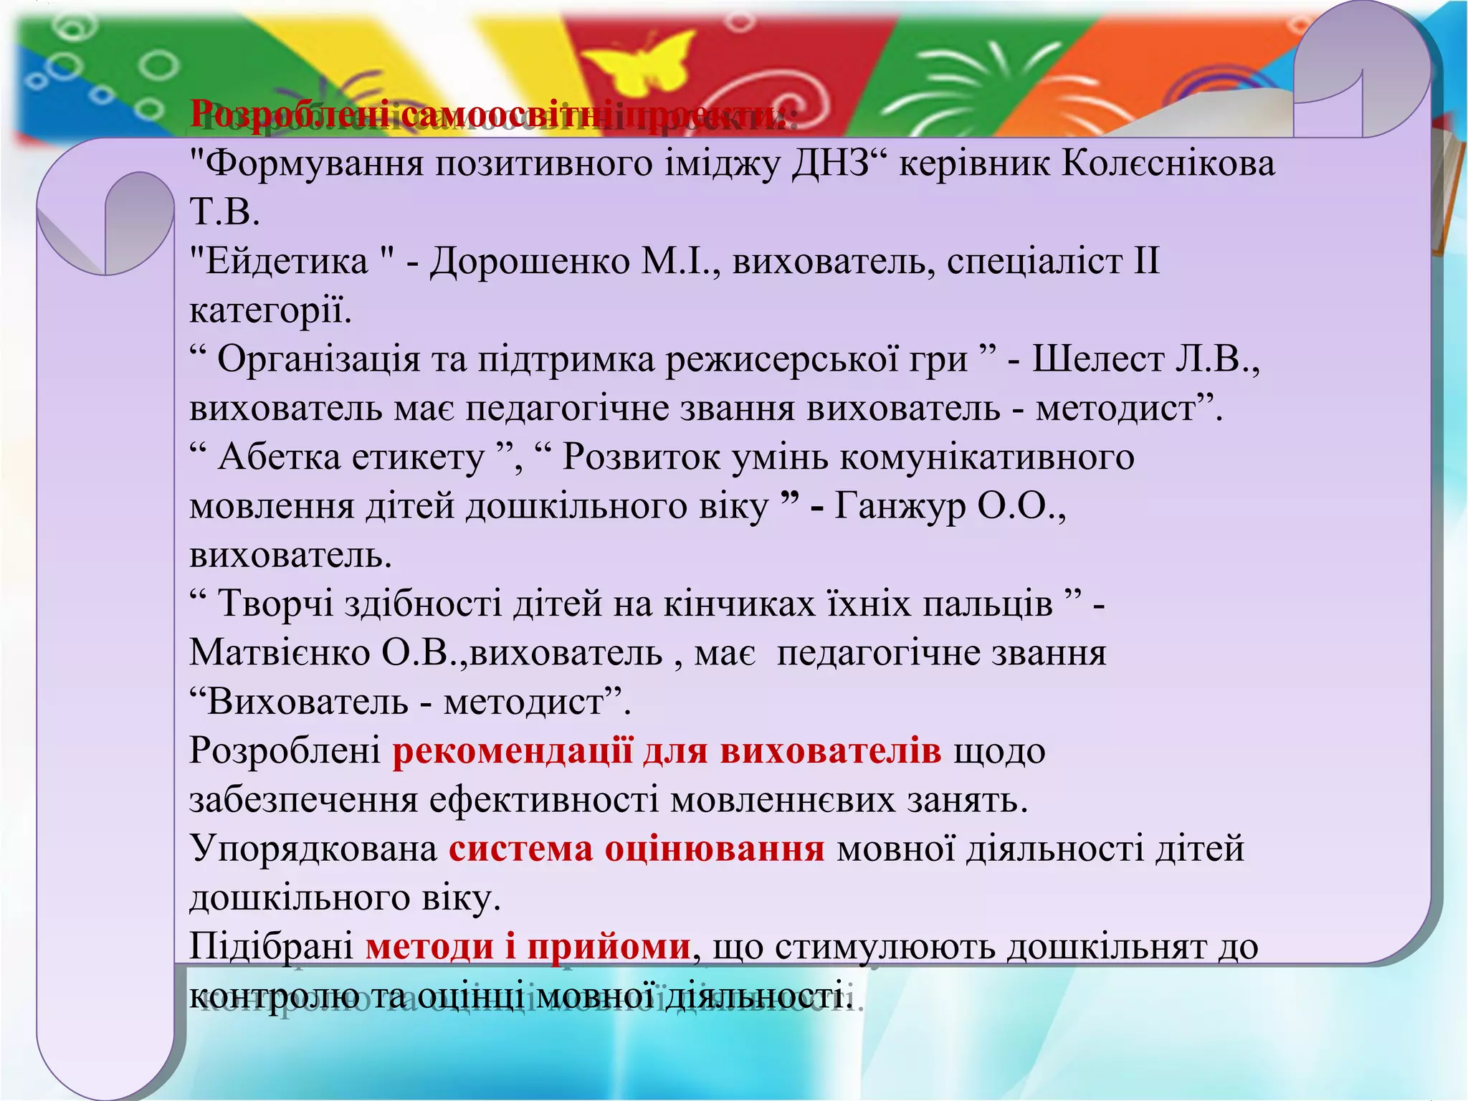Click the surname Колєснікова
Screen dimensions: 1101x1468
[x=1168, y=163]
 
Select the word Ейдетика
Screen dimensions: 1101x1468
[x=286, y=261]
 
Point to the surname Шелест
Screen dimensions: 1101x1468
[x=1097, y=359]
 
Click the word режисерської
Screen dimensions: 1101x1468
[x=817, y=359]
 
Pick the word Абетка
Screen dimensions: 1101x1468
[x=280, y=457]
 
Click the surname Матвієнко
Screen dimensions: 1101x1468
[x=280, y=653]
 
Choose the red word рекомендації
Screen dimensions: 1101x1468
[x=513, y=750]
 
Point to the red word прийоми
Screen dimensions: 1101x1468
[x=609, y=947]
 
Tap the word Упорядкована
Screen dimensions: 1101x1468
[x=313, y=849]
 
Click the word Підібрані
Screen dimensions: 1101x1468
[x=271, y=947]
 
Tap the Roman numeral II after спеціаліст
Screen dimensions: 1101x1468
[x=1146, y=261]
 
